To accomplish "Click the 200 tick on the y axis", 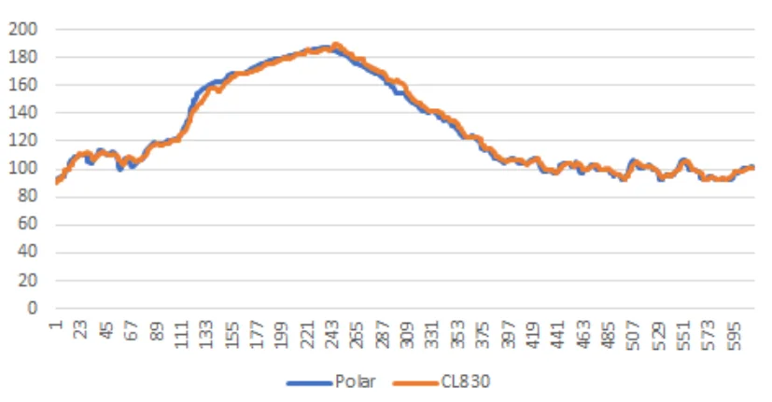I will [24, 29].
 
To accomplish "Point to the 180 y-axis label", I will [24, 57].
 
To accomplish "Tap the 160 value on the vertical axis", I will [24, 85].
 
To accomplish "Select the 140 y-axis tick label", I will [24, 113].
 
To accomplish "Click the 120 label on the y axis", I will [24, 141].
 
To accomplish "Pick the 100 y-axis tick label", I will [24, 169].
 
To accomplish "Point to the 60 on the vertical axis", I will [28, 224].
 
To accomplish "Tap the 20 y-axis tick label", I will [28, 280].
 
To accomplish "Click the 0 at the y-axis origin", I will [33, 308].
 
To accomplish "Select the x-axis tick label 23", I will [81, 331].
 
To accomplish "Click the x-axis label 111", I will [182, 334].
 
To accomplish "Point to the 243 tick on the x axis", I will [333, 334].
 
